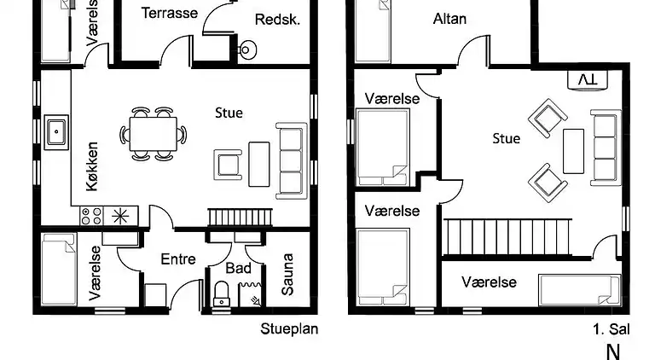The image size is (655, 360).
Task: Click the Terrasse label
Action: (x=170, y=13)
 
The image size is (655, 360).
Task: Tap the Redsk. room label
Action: (x=277, y=20)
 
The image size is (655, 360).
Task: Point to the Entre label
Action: (x=178, y=259)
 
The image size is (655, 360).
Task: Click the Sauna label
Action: (x=287, y=274)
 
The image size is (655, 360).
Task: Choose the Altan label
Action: (x=449, y=19)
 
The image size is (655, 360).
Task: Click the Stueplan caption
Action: (x=288, y=328)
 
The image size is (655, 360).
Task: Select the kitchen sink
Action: (x=57, y=131)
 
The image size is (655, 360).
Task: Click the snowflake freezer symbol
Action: (x=120, y=216)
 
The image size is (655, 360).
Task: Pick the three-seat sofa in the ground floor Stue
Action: (x=291, y=160)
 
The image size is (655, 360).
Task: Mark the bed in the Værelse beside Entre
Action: (x=59, y=270)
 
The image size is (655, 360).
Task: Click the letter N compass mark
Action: (x=612, y=350)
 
